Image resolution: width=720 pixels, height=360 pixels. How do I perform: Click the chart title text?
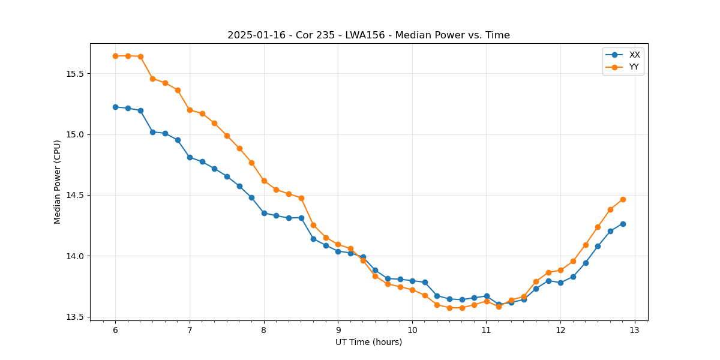pos(368,35)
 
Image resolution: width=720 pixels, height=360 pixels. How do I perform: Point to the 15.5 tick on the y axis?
pos(77,74)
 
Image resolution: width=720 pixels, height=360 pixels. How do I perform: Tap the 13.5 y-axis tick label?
pos(77,317)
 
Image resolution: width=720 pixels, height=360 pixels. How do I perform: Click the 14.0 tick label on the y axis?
pos(77,256)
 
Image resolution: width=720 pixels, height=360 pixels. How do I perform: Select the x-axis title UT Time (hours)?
pos(368,342)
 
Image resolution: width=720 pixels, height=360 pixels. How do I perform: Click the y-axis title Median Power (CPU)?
pos(58,182)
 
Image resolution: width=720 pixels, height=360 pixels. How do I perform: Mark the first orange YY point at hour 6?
pos(115,56)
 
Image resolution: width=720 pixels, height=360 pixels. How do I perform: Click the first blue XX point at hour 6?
pos(115,107)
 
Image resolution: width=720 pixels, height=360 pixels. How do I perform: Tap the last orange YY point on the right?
pos(623,199)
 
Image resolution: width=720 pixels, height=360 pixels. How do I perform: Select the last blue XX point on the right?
pos(623,224)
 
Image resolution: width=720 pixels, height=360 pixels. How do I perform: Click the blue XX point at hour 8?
pos(264,213)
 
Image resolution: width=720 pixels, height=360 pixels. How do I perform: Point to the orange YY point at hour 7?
pos(190,110)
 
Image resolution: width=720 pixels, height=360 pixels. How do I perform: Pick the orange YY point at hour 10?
pos(412,290)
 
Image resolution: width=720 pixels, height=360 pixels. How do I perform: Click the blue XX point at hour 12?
pos(560,283)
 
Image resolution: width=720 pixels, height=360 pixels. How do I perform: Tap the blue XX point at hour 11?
pos(487,296)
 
